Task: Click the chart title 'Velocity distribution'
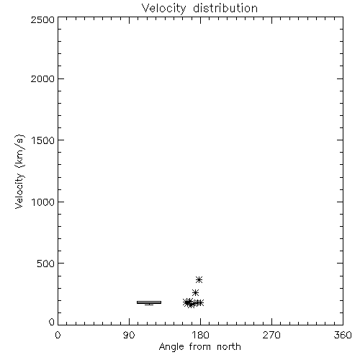point(199,8)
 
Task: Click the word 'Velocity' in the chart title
point(163,9)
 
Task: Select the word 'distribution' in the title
point(225,8)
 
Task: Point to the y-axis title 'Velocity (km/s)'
point(19,171)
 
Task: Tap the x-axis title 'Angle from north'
point(199,347)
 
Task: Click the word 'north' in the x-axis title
point(229,347)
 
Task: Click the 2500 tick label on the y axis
point(42,19)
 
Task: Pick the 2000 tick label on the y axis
point(42,78)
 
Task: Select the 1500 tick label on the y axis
point(43,140)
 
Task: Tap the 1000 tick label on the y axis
point(43,202)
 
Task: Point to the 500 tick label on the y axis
point(45,264)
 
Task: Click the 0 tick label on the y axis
point(52,322)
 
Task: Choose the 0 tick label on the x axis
point(58,335)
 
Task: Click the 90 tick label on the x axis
point(129,335)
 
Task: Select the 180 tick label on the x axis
point(200,335)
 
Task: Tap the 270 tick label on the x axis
point(271,335)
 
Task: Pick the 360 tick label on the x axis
point(343,335)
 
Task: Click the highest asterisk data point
point(199,279)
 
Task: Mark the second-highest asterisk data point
point(196,292)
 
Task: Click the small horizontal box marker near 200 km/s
point(149,302)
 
